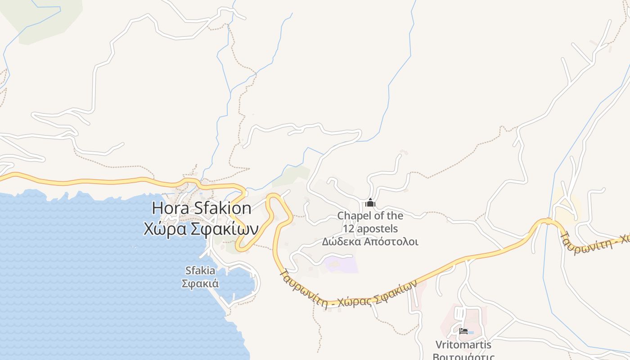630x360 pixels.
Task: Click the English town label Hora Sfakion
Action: point(201,208)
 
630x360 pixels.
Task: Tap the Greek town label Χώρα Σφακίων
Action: point(201,229)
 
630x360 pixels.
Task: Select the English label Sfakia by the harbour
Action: point(200,271)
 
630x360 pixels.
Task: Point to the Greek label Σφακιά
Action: point(200,283)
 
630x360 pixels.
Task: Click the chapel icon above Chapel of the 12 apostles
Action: point(370,202)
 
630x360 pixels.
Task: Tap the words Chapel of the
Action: point(370,216)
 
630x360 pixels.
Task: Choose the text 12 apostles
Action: point(370,228)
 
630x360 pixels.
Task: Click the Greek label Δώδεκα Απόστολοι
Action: point(370,242)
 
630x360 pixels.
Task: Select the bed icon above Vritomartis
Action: point(463,332)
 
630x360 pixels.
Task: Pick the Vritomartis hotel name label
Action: point(463,345)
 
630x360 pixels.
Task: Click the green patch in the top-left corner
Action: point(45,18)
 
